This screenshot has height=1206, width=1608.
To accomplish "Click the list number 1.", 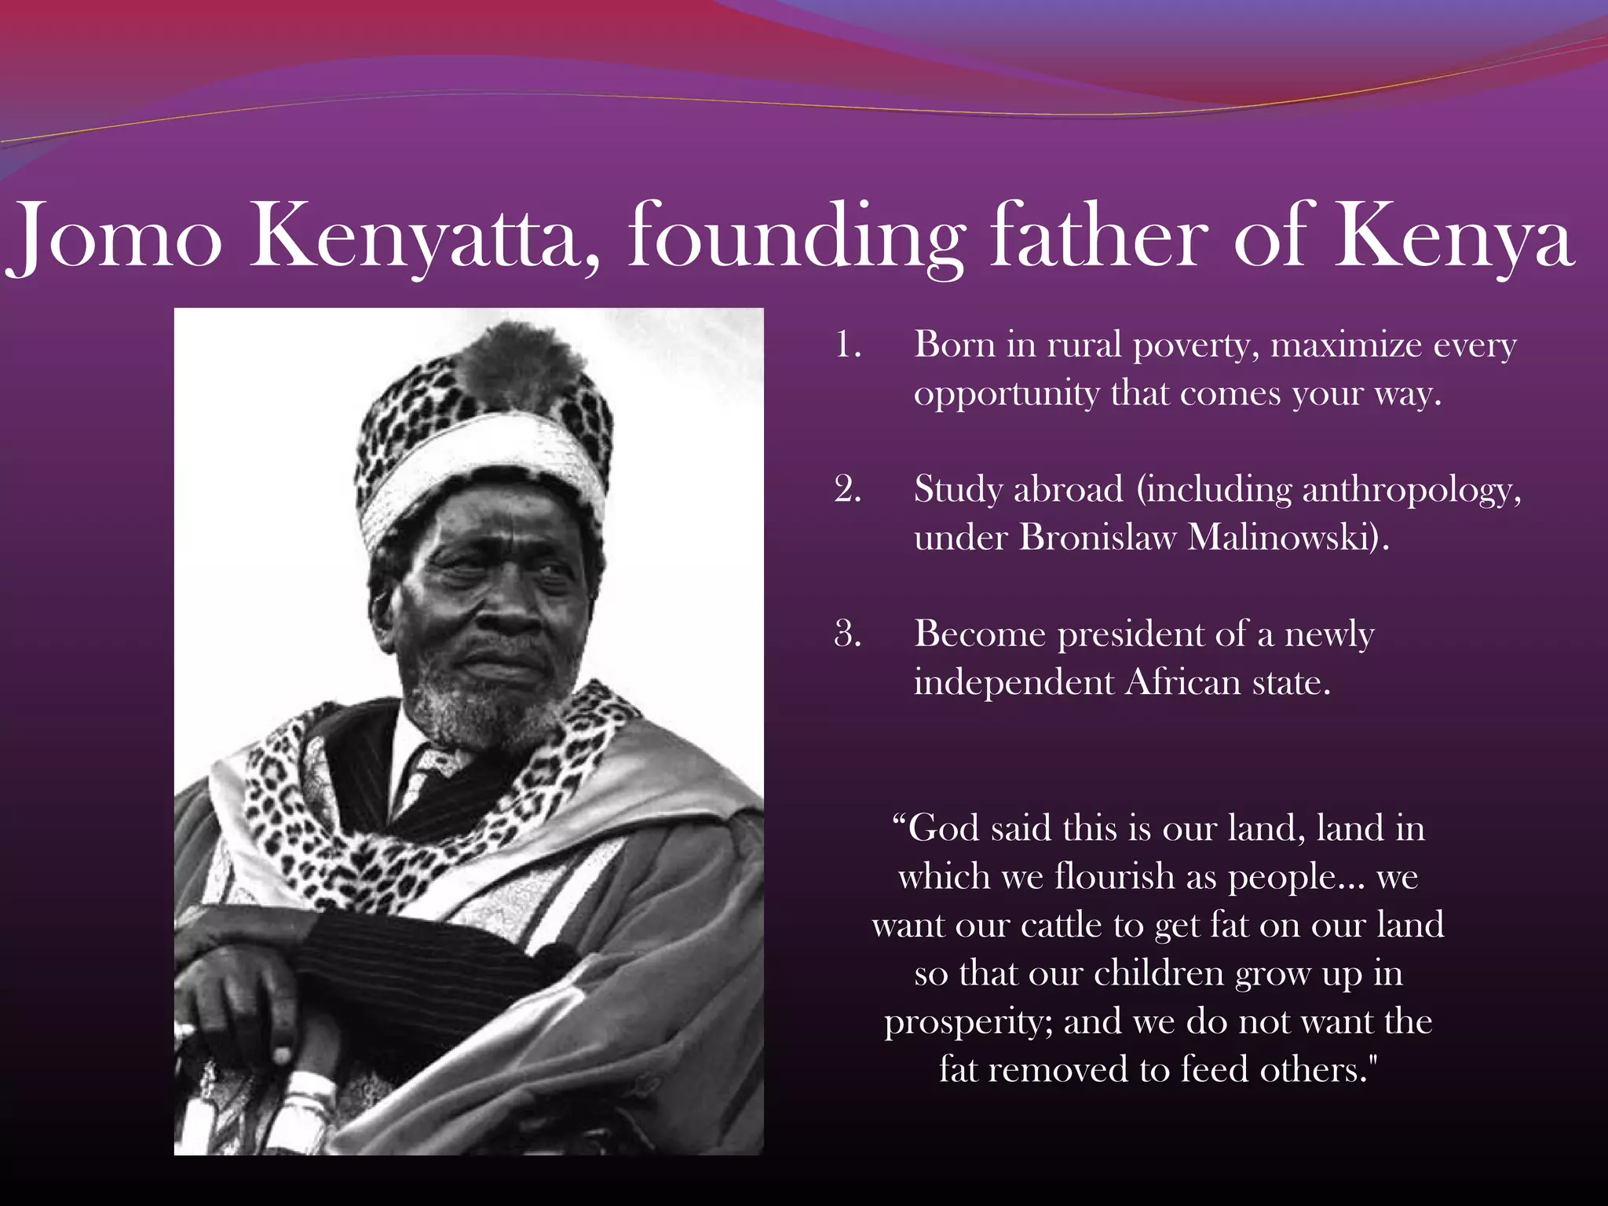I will point(848,346).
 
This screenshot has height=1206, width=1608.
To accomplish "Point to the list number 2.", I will point(848,491).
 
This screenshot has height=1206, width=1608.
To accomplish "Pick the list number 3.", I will point(848,634).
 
